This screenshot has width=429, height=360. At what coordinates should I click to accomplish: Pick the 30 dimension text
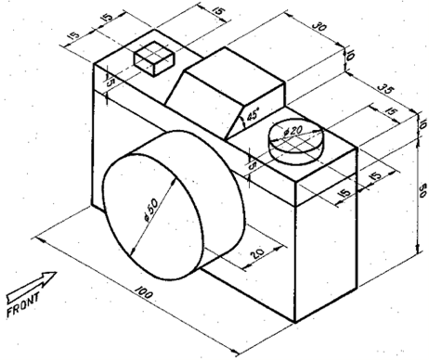tap(320, 29)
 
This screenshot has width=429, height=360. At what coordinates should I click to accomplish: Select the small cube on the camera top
tap(154, 58)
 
